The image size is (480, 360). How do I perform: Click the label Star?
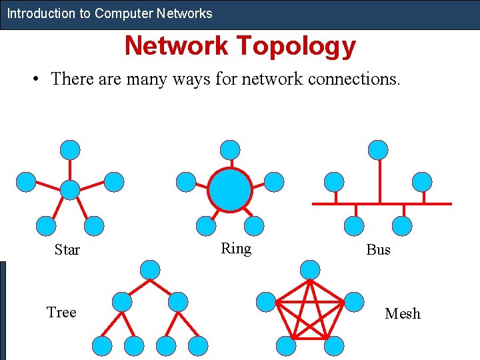67,250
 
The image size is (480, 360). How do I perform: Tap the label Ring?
236,249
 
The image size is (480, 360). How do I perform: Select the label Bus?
378,250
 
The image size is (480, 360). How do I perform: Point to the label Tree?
61,313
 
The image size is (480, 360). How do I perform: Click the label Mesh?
403,313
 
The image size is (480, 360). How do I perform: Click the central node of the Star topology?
70,190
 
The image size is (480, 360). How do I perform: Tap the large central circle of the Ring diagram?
230,190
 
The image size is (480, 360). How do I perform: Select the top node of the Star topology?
70,150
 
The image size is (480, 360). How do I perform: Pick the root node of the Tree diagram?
151,270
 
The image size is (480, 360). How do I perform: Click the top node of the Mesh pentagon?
310,270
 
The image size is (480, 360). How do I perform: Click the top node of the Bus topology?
378,150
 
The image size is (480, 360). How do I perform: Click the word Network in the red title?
175,46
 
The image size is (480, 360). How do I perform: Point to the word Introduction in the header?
39,13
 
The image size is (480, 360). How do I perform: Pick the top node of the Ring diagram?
230,150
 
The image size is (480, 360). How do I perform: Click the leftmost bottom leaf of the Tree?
101,345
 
